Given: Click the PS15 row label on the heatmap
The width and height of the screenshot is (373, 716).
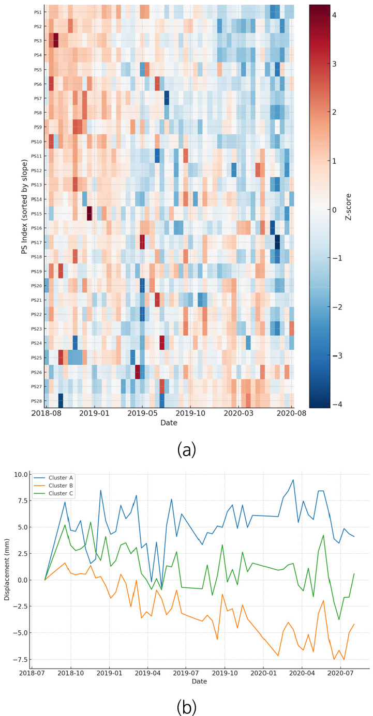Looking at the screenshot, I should pyautogui.click(x=37, y=214).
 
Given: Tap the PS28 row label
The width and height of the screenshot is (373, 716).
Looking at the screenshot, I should pyautogui.click(x=37, y=401).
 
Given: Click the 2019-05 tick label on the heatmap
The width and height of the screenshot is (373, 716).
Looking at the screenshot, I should pyautogui.click(x=143, y=413).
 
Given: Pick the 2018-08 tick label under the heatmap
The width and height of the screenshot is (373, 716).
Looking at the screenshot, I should pyautogui.click(x=46, y=413).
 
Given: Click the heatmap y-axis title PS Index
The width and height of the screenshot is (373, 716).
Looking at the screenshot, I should pyautogui.click(x=24, y=206).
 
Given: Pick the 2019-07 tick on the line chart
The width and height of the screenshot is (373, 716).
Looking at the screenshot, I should pyautogui.click(x=186, y=674).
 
